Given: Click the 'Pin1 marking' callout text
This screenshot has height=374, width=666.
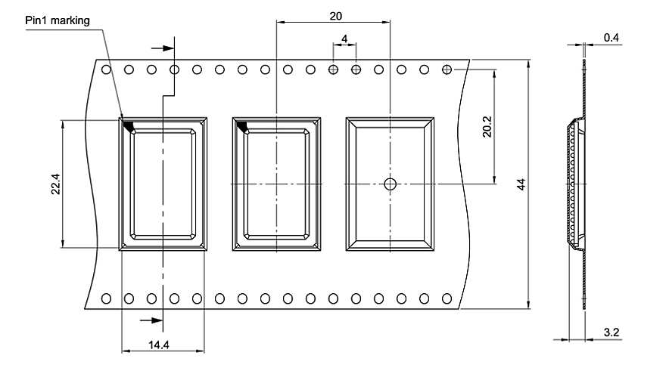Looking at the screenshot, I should pos(57,20).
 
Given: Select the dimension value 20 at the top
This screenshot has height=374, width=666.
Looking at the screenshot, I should pos(335,15).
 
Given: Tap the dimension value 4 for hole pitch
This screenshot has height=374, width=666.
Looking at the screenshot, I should pos(344,38).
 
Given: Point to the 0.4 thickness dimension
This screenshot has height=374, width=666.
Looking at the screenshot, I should pos(611,38).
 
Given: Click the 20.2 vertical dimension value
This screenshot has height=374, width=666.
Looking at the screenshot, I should pos(487,125).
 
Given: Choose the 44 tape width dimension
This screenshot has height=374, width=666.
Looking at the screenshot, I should pos(520,185).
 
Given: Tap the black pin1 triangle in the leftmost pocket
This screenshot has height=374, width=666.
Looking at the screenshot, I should pos(128,125).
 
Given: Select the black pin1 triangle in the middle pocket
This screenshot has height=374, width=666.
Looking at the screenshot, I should pos(242,125).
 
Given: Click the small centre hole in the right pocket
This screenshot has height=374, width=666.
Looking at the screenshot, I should pos(390,184).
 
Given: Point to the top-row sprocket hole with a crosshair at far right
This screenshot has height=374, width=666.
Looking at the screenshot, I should pos(447,70).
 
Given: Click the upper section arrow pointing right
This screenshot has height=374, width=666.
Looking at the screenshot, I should pos(163,48).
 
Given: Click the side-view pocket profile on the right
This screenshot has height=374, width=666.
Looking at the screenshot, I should pos(574,185).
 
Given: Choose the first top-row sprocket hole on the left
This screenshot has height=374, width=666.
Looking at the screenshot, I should pos(106,70).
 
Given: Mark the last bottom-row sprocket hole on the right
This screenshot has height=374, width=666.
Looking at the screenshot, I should pos(447,298).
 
